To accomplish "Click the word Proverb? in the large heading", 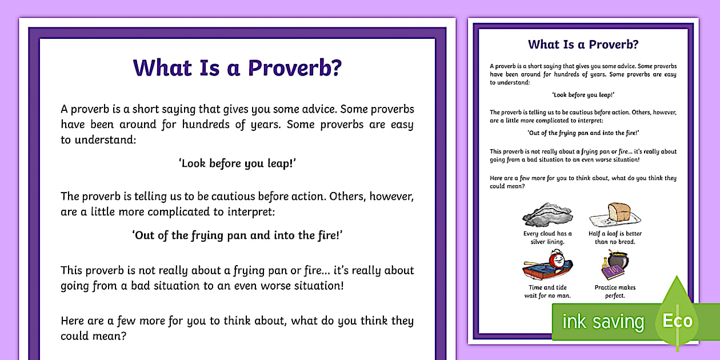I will pyautogui.click(x=294, y=67).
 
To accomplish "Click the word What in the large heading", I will pyautogui.click(x=154, y=67).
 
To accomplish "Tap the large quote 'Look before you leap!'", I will pyautogui.click(x=237, y=163).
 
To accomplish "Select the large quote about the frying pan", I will pyautogui.click(x=237, y=235).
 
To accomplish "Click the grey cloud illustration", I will pyautogui.click(x=547, y=214).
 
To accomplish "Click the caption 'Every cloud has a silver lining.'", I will pyautogui.click(x=547, y=238).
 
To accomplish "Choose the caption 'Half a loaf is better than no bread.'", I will pyautogui.click(x=615, y=238).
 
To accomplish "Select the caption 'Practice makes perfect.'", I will pyautogui.click(x=615, y=291).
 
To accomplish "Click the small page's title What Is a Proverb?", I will pyautogui.click(x=583, y=44).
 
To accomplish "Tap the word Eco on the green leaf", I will pyautogui.click(x=677, y=320).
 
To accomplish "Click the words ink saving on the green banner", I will pyautogui.click(x=602, y=322).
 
